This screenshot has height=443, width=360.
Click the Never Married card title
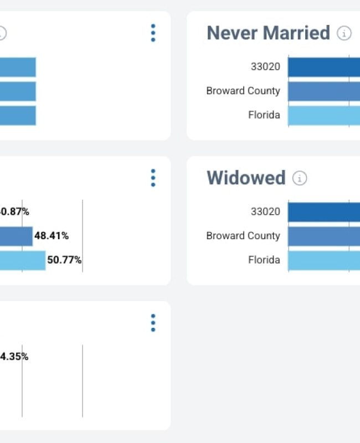(x=268, y=33)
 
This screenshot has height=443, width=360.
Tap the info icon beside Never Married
(x=344, y=34)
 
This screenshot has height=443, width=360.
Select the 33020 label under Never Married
(x=265, y=67)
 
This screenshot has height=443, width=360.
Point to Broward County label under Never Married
(x=243, y=91)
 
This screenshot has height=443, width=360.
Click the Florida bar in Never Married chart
(x=324, y=115)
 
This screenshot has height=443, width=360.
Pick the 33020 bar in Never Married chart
(x=324, y=67)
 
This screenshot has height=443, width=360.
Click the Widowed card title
(x=246, y=178)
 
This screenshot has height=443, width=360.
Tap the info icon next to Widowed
(x=300, y=178)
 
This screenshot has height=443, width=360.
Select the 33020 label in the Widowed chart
(x=265, y=212)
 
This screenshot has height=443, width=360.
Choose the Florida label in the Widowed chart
(x=264, y=260)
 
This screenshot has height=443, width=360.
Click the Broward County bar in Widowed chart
(x=324, y=236)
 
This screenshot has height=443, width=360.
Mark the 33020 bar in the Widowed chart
(x=324, y=212)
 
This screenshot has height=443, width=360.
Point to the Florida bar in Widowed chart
(x=324, y=260)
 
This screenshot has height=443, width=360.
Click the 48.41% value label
(x=52, y=236)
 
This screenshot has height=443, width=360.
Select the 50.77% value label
(x=64, y=260)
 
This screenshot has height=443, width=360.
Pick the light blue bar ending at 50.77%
(x=22, y=260)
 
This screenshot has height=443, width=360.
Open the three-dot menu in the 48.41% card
(x=153, y=178)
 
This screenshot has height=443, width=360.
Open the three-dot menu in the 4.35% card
(x=153, y=323)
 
